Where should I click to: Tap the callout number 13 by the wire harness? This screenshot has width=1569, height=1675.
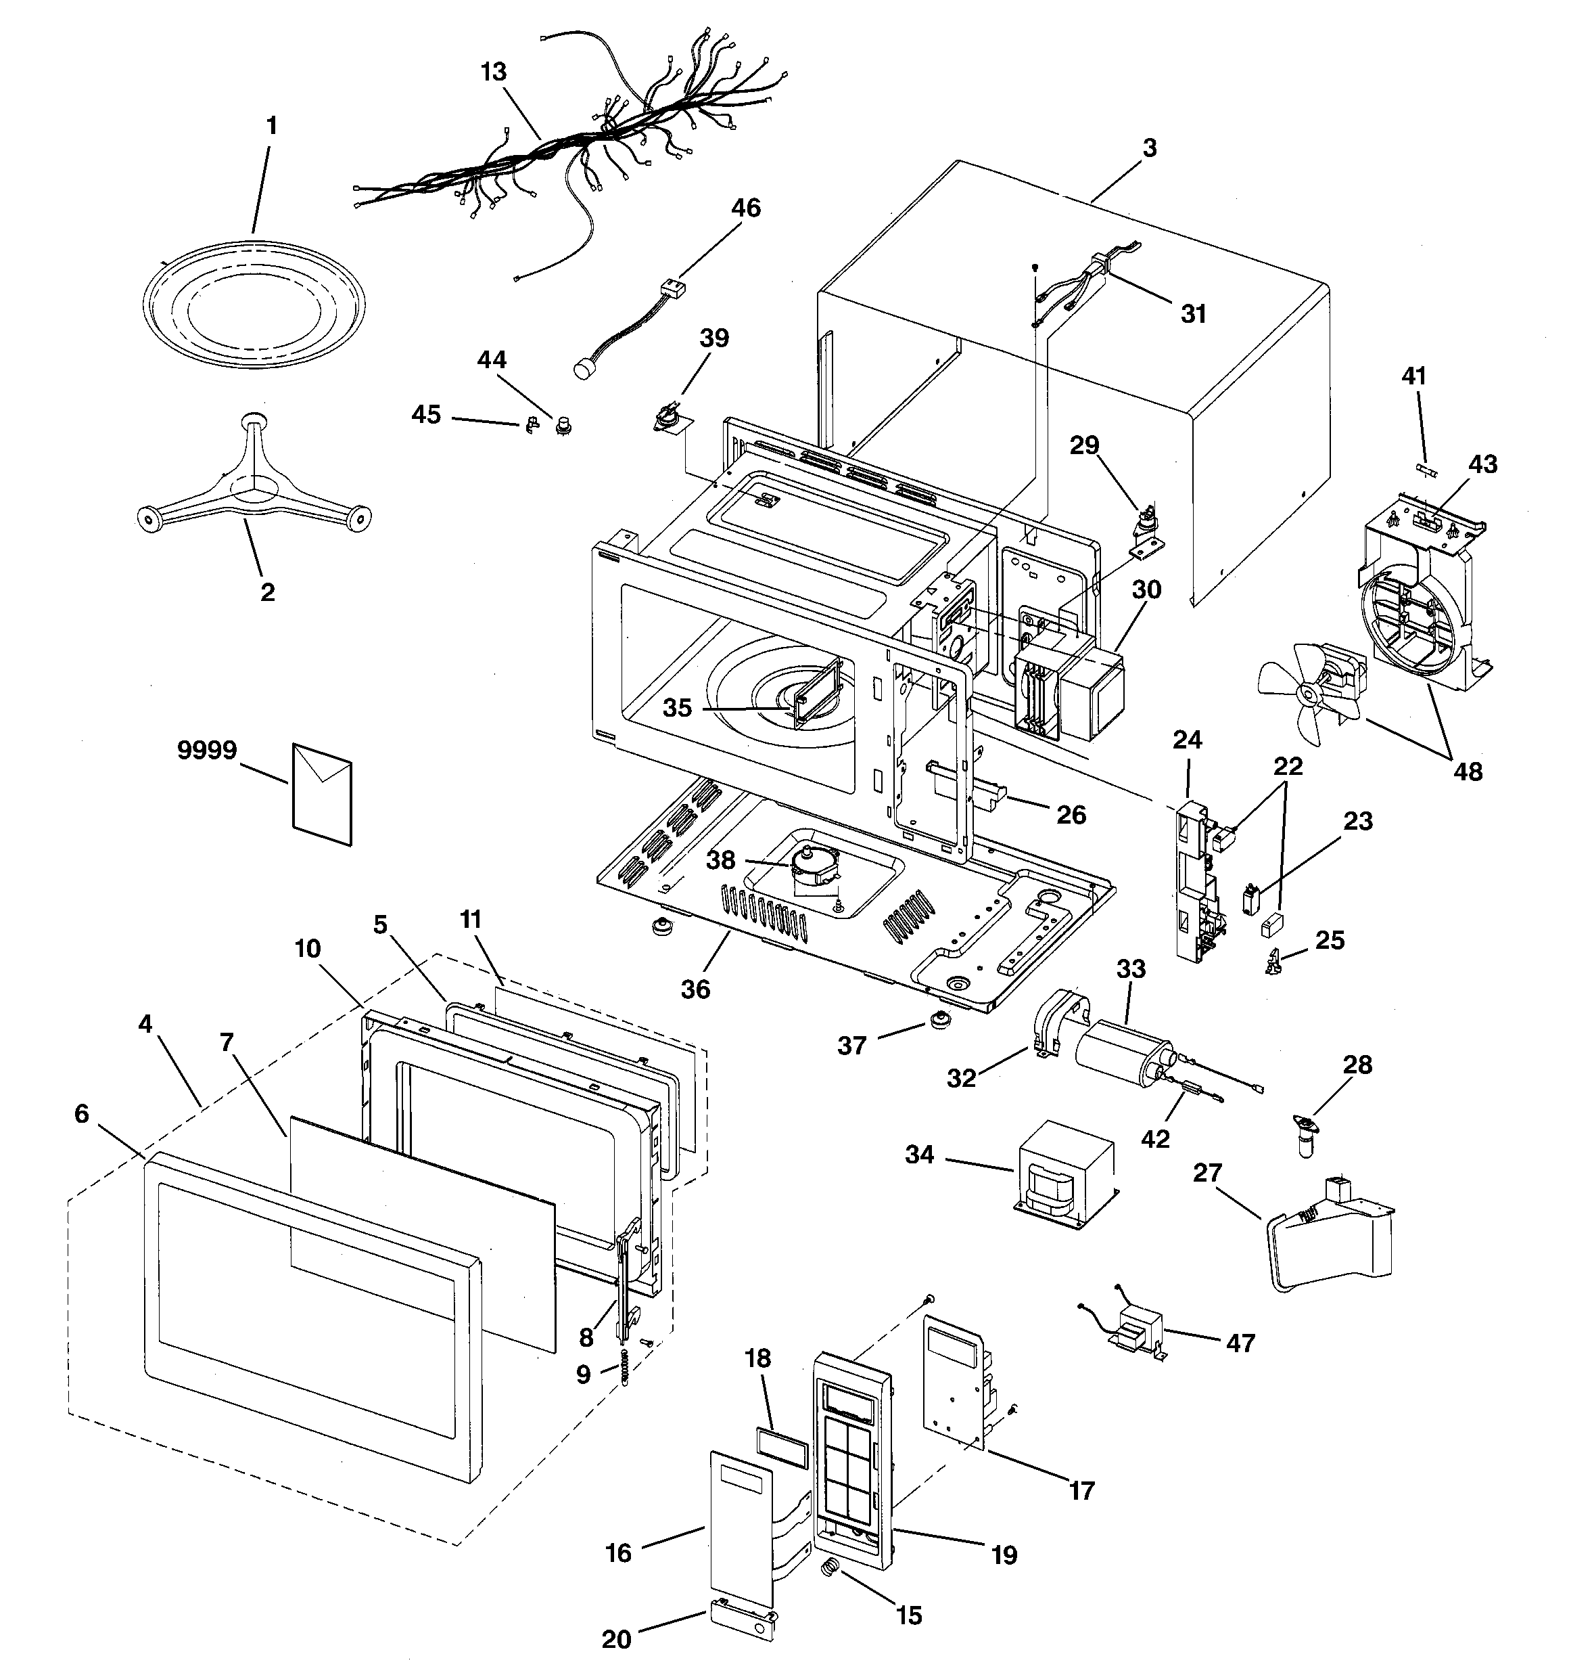click(x=494, y=72)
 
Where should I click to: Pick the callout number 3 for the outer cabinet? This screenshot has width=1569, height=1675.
click(x=1150, y=148)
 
